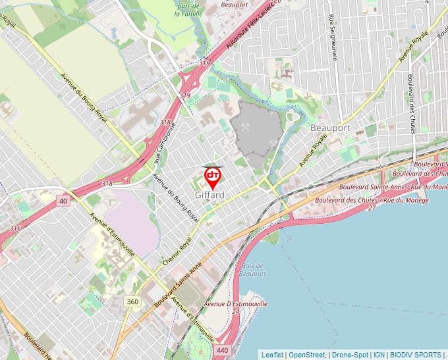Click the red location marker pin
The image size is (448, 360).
point(213,177)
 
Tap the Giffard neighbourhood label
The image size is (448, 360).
point(210,195)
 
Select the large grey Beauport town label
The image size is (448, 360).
point(330,128)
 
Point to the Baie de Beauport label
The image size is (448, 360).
point(254,270)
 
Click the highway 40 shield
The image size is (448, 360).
point(63,201)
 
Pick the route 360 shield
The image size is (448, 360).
point(133,301)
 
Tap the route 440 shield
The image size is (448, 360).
point(222,351)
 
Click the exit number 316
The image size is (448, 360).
point(15,228)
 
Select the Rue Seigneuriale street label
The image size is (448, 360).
point(333,36)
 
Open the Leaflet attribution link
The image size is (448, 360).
point(272,355)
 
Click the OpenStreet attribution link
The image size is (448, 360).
point(307,355)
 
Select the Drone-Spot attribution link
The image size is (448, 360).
point(350,355)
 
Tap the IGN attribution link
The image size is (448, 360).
point(379,355)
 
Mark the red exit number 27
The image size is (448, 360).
point(372,208)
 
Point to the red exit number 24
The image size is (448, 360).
point(235,311)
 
